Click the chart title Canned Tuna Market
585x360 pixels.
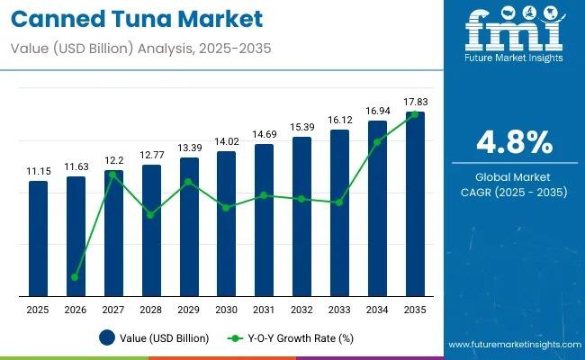135,18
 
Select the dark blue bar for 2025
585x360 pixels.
38,238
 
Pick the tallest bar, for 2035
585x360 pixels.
415,204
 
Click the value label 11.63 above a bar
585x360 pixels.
76,166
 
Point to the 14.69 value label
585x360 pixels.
264,134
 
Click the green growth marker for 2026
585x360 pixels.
76,277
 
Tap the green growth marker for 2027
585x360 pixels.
113,175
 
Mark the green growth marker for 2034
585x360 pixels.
377,142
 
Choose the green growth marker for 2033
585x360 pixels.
339,202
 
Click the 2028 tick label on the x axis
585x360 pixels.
151,310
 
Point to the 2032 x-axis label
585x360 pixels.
301,310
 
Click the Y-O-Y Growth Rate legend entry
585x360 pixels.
290,338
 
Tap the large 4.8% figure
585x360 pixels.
514,141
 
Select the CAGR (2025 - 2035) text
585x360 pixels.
514,191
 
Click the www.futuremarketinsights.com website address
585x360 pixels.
512,345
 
